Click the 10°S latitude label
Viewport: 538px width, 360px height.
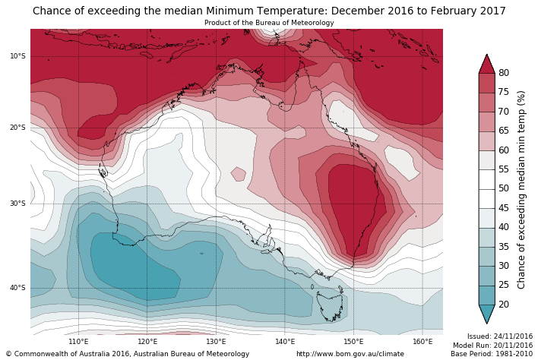pos(18,56)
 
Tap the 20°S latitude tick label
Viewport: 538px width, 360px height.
pos(18,128)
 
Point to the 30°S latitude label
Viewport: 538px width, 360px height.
pos(18,204)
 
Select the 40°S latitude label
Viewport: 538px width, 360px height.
pos(18,288)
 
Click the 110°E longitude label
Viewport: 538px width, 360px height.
pos(79,342)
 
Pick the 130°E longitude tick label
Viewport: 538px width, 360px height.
pos(216,342)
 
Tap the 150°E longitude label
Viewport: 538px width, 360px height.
pos(353,342)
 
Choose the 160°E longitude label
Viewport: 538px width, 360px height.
pos(422,342)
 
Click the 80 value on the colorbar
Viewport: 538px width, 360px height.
pos(503,73)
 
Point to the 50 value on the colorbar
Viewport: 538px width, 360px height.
pos(503,188)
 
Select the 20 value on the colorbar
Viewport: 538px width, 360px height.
pos(503,305)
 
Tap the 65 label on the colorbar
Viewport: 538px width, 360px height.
pos(503,131)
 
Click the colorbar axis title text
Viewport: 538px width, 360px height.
pos(521,189)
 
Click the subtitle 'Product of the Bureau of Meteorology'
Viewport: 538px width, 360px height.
pos(269,23)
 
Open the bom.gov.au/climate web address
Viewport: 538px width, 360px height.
pos(350,354)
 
